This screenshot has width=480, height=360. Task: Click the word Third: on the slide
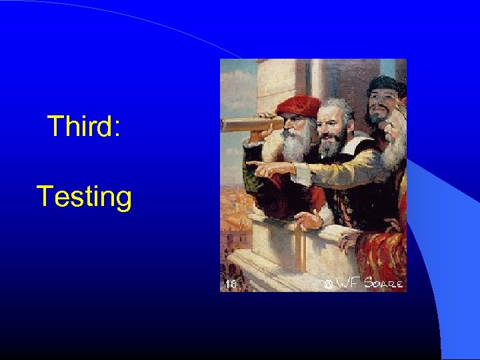pos(84,126)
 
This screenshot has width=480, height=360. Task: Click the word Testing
pos(84,197)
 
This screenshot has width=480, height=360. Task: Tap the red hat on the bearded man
pos(298,105)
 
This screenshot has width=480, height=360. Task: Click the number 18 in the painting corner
pos(230,284)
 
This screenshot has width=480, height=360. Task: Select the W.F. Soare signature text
pos(370,283)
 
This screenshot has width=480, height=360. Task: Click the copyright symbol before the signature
pos(327,285)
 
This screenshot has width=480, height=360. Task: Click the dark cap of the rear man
pos(385,85)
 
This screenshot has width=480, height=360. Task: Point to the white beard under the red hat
pos(297,143)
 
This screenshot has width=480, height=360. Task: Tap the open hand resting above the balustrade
pos(307,219)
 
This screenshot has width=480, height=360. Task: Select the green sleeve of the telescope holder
pos(250,177)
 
